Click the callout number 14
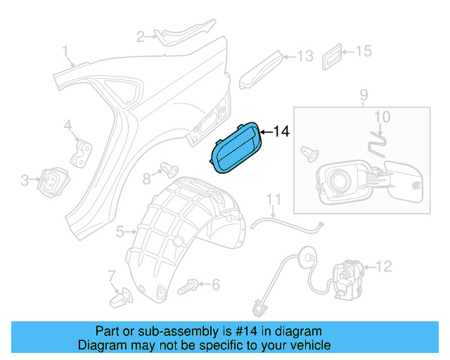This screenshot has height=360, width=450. click(x=281, y=131)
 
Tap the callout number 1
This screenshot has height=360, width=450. click(x=65, y=51)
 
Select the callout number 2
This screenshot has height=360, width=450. click(x=140, y=36)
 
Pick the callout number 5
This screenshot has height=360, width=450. click(x=120, y=231)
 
